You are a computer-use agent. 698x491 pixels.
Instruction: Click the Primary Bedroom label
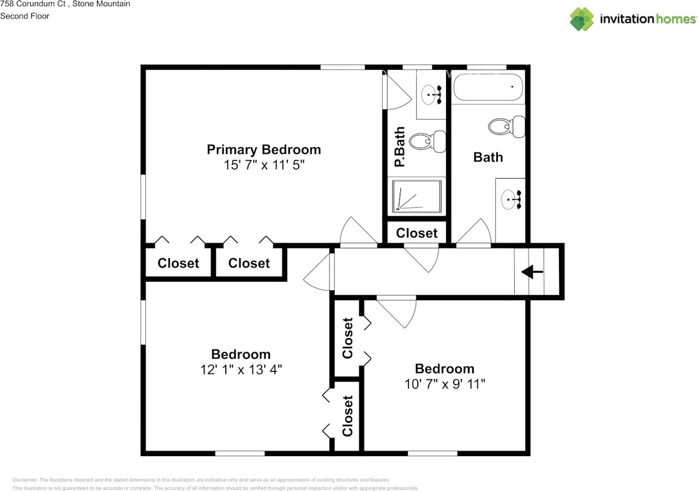pos(263,149)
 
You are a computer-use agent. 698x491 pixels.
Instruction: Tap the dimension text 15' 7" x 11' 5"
pos(263,165)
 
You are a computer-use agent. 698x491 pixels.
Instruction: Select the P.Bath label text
pos(400,147)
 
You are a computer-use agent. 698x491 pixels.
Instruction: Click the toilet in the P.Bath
pos(427,142)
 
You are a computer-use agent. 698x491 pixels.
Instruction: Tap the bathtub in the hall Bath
pos(488,87)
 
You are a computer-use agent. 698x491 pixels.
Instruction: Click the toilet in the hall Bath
pos(506,127)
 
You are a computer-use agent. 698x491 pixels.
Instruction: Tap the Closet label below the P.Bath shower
pos(417,233)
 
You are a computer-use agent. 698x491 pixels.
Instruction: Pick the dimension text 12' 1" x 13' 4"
pos(240,369)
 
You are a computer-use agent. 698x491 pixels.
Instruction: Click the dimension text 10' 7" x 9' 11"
pos(444,384)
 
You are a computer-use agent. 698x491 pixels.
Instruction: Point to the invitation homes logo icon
pos(582,19)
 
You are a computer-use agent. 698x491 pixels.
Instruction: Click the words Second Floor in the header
pos(25,16)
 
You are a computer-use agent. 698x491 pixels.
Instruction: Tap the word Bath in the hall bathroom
pos(488,157)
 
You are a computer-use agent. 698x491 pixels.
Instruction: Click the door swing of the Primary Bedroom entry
pos(357,232)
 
